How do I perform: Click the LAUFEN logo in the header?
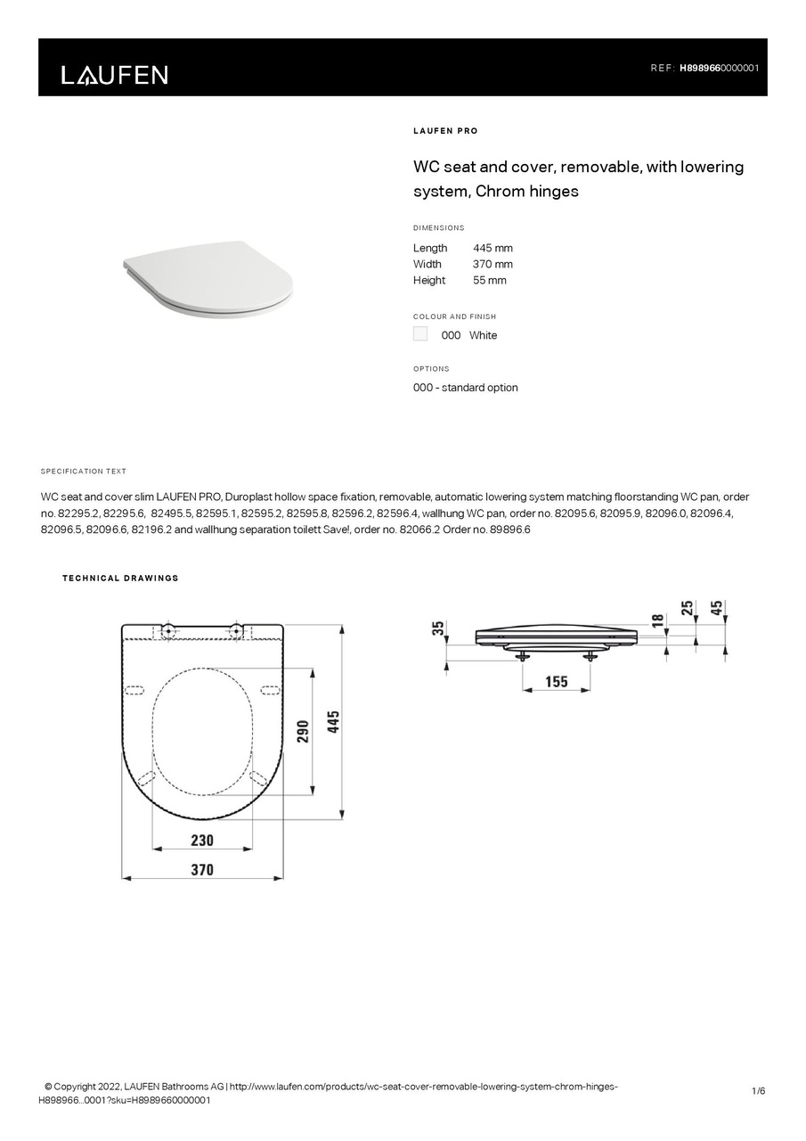(114, 75)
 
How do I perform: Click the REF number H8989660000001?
(719, 68)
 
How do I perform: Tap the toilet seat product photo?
(208, 277)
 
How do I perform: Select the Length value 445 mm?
(493, 248)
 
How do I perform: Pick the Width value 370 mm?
(493, 264)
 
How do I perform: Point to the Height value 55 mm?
(489, 280)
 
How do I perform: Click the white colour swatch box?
(420, 334)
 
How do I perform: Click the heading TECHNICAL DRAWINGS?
(120, 579)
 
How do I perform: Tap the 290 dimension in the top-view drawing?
(303, 731)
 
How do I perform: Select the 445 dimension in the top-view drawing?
(333, 721)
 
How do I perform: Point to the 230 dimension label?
(202, 840)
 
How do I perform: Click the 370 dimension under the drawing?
(202, 869)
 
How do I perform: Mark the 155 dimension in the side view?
(556, 682)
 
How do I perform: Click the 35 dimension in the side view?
(437, 628)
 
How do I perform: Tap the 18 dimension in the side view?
(657, 620)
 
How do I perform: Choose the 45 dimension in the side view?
(716, 609)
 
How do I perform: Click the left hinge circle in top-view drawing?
(168, 631)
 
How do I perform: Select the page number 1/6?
(758, 1091)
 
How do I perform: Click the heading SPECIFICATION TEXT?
(84, 472)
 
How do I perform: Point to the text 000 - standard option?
(465, 388)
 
